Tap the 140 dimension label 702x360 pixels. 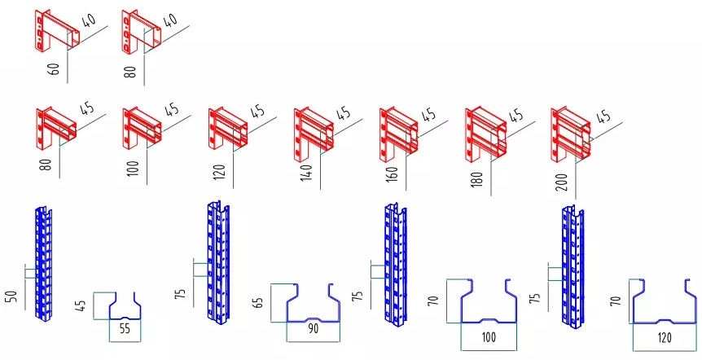coord(307,172)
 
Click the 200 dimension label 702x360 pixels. coord(563,179)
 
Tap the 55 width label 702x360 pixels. coord(125,329)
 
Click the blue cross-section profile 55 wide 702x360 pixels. coord(125,308)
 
